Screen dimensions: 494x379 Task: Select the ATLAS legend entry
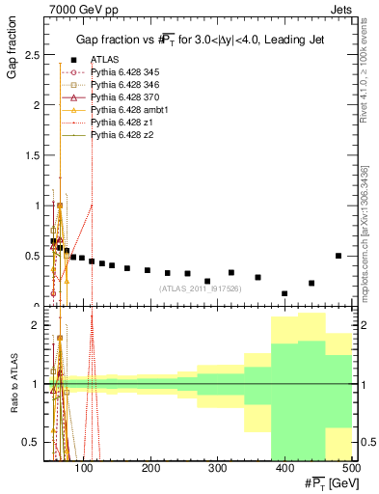(106, 59)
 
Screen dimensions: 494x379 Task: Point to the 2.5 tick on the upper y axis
(35, 54)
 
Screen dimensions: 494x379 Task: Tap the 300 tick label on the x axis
(217, 468)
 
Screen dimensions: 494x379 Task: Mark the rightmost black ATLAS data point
(338, 256)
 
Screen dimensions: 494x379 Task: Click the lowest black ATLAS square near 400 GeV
(284, 293)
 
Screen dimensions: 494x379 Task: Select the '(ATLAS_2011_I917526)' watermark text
(200, 288)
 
